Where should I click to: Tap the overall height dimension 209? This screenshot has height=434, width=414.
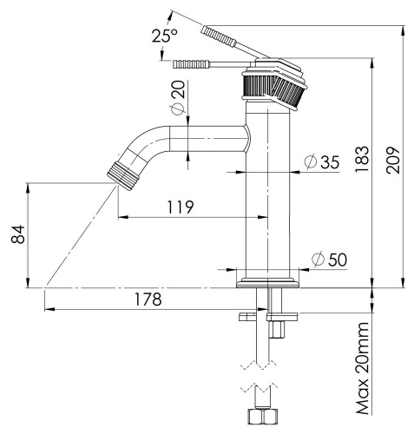pos(393,157)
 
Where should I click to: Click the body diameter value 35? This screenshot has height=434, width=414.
pos(328,162)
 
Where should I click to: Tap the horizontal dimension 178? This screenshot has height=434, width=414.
pos(148,299)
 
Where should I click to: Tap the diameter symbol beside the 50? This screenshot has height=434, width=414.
pos(318,260)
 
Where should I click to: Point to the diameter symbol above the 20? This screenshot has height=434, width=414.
pos(177,108)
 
